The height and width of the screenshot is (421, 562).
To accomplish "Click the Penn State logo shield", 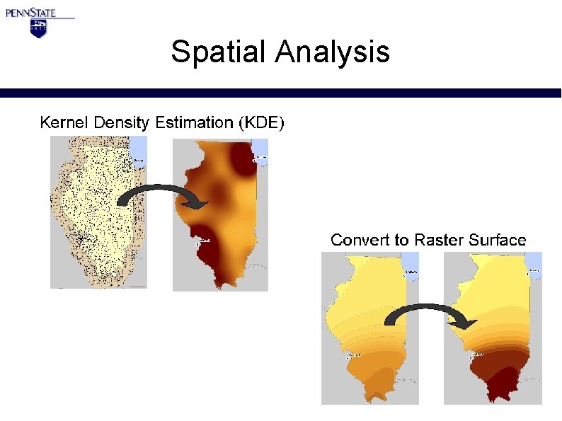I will coord(38,28).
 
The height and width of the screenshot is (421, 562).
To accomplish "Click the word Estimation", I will coord(195,122).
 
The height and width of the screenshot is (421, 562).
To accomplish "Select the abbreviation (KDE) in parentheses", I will coord(261,123).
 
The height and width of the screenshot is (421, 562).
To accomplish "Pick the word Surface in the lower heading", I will coord(498,240).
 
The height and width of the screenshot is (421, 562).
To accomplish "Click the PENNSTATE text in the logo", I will coord(40,12).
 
